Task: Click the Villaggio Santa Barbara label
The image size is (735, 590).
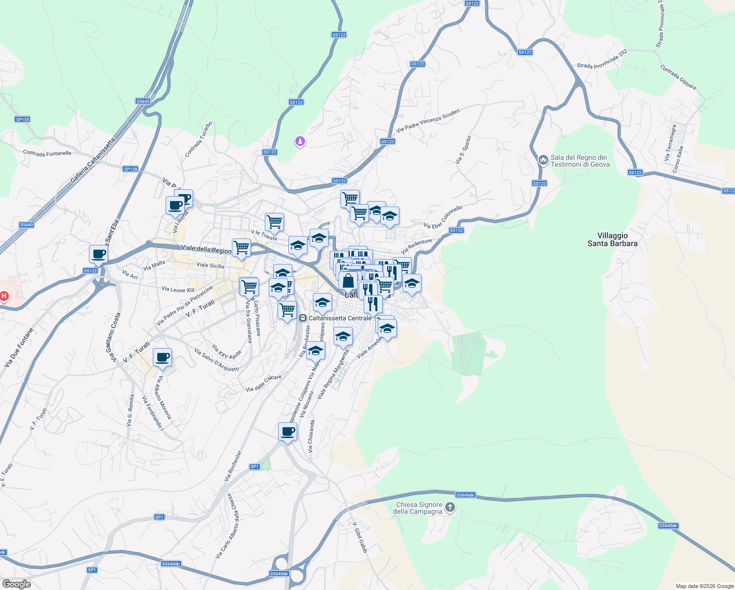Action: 612,239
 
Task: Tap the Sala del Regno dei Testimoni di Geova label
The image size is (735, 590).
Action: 580,161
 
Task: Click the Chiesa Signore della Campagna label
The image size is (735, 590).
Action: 419,508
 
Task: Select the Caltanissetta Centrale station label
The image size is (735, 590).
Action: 339,318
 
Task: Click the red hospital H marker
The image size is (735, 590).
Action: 4,295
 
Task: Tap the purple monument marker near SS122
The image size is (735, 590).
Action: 300,142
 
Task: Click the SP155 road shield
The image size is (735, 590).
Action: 23,119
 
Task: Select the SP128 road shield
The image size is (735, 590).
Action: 131,169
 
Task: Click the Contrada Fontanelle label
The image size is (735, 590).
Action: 47,153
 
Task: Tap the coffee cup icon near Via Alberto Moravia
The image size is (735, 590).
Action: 162,357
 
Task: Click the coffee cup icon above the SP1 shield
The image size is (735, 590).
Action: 287,432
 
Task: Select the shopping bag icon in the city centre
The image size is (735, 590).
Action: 348,281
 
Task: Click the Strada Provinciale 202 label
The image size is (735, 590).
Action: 602,59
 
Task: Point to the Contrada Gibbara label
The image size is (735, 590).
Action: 678,77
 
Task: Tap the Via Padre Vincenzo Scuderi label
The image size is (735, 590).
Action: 428,121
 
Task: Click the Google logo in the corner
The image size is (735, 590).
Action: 16,584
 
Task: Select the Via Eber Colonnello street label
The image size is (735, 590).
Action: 443,217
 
